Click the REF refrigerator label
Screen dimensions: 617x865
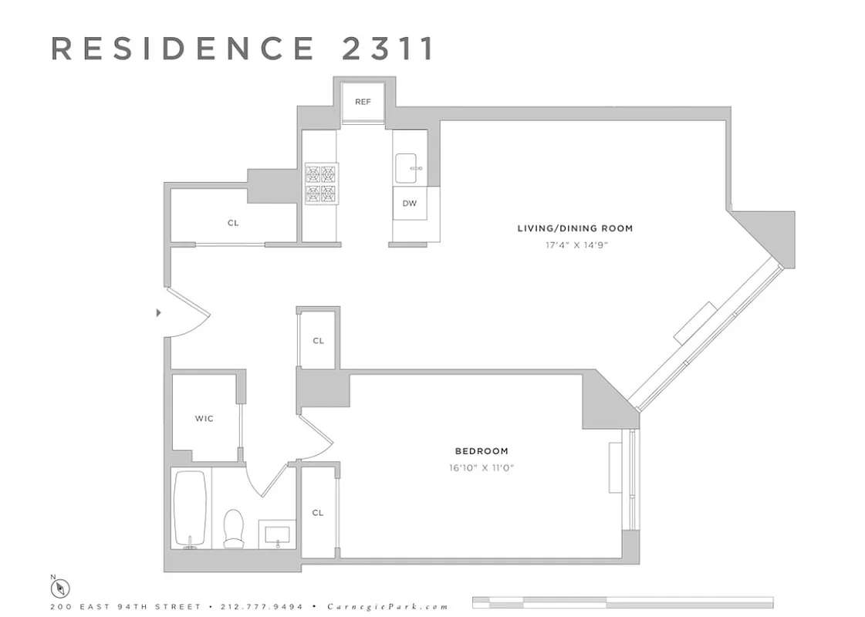click(x=363, y=102)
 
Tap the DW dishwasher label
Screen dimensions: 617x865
click(x=409, y=204)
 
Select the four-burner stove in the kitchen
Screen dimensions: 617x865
click(x=321, y=184)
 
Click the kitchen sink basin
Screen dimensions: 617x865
click(x=409, y=167)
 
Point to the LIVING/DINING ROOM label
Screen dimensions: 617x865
click(x=575, y=228)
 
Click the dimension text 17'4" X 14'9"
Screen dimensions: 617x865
click(x=575, y=245)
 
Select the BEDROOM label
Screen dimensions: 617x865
click(x=481, y=451)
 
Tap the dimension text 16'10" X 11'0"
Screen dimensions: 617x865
click(x=481, y=467)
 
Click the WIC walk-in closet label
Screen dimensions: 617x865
click(x=204, y=419)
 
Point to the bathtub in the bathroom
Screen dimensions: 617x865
click(x=190, y=508)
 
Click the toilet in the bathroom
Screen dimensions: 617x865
click(x=234, y=529)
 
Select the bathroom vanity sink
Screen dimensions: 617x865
click(x=276, y=533)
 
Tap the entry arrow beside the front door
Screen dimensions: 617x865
click(x=158, y=312)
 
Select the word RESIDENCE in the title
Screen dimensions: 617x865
click(x=184, y=48)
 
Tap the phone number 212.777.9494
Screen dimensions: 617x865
click(x=262, y=607)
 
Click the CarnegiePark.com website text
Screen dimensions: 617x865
click(x=387, y=607)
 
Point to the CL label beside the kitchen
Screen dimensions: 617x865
click(x=233, y=223)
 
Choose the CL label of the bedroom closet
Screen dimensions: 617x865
click(x=318, y=513)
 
